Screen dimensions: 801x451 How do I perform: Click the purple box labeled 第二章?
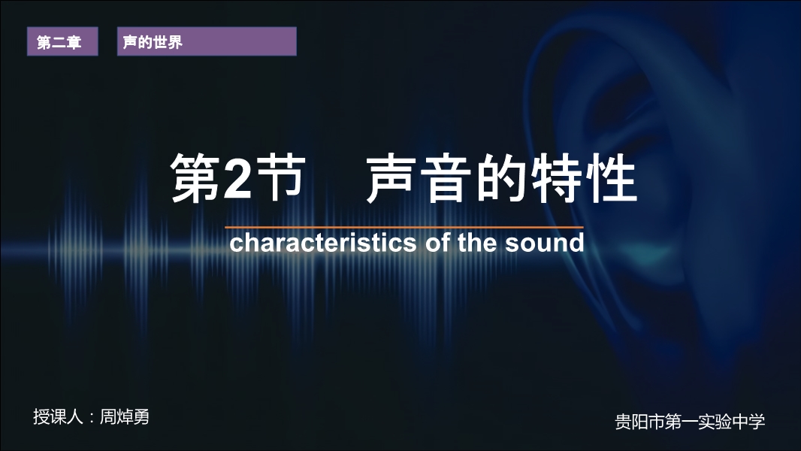pyautogui.click(x=62, y=41)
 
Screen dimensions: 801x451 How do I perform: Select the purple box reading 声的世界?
pyautogui.click(x=207, y=41)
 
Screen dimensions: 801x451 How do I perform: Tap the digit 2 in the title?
pyautogui.click(x=237, y=177)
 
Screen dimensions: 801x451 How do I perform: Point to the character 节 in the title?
pyautogui.click(x=282, y=177)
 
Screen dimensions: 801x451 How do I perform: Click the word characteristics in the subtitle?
pyautogui.click(x=323, y=242)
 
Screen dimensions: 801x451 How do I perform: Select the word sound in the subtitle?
pyautogui.click(x=545, y=243)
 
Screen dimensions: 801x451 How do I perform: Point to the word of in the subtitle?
pyautogui.click(x=437, y=242)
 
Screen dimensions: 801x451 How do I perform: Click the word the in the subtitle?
pyautogui.click(x=477, y=242)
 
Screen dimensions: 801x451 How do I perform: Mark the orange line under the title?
pyautogui.click(x=404, y=227)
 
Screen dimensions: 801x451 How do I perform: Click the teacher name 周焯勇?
pyautogui.click(x=124, y=416)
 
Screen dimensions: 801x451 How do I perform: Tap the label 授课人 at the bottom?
pyautogui.click(x=58, y=416)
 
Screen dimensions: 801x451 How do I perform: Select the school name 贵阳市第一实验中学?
pyautogui.click(x=690, y=422)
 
